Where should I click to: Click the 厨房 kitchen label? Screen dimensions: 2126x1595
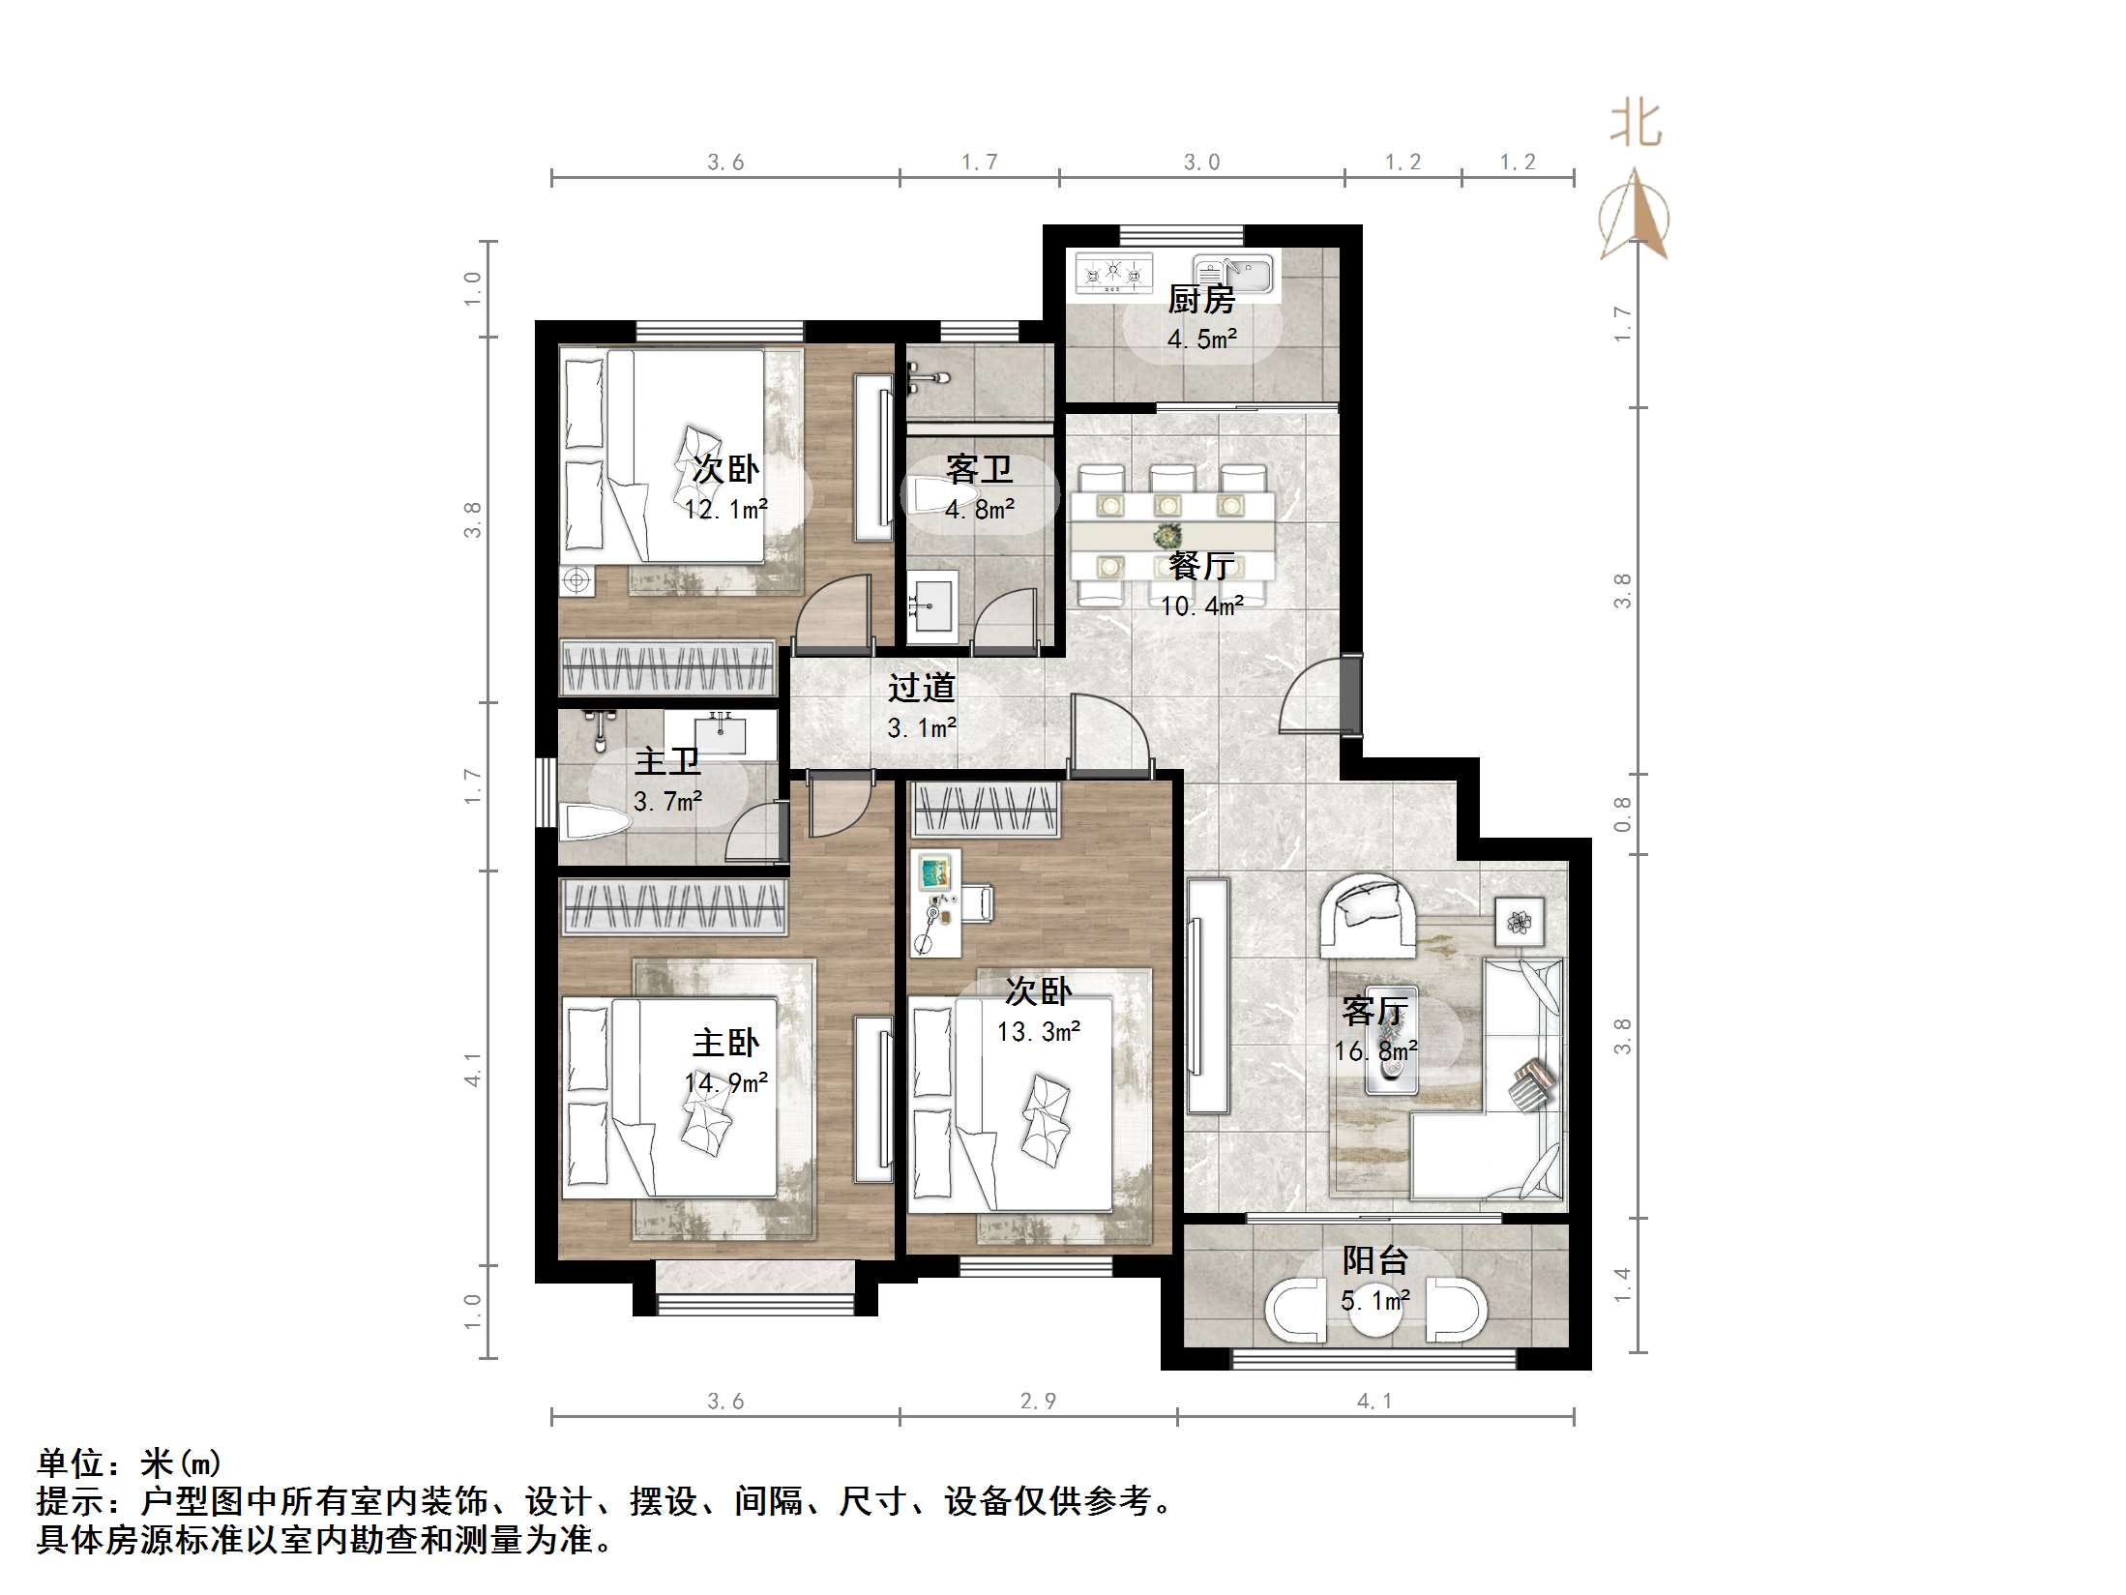tap(1200, 300)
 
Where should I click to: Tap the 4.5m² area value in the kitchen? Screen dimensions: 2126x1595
tap(1201, 340)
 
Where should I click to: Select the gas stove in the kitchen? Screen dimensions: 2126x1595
tap(1113, 272)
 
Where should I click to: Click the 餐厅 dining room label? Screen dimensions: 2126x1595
tap(1201, 566)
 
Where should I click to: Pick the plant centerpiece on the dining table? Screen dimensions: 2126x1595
tap(1170, 534)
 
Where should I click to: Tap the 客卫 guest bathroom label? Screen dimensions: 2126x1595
tap(979, 470)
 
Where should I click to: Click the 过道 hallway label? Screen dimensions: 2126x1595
tap(922, 688)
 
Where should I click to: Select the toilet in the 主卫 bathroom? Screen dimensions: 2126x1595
tap(596, 822)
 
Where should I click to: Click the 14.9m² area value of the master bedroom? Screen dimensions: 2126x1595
tap(725, 1083)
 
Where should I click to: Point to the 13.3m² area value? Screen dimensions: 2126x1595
tap(1038, 1032)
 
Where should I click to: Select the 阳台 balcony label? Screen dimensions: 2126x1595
tap(1374, 1261)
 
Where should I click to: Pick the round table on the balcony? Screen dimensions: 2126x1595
tap(1374, 1311)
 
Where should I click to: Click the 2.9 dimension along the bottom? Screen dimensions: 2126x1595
tap(1038, 1401)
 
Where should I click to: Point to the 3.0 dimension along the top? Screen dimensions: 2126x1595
tap(1201, 162)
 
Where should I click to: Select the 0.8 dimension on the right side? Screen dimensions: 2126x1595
tap(1622, 814)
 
